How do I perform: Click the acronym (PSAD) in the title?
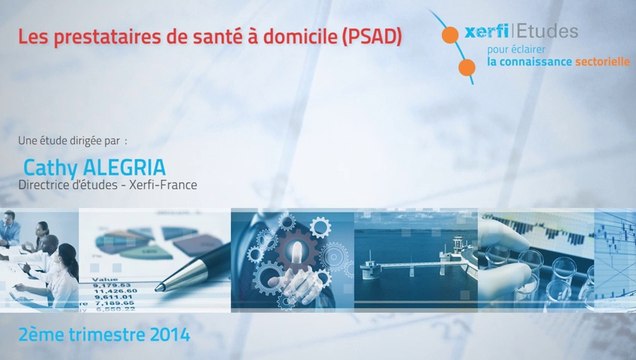coord(371,37)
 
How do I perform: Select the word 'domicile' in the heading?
coord(302,37)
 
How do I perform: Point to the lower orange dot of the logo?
coord(467,68)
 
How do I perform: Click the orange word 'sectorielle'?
coord(602,61)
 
